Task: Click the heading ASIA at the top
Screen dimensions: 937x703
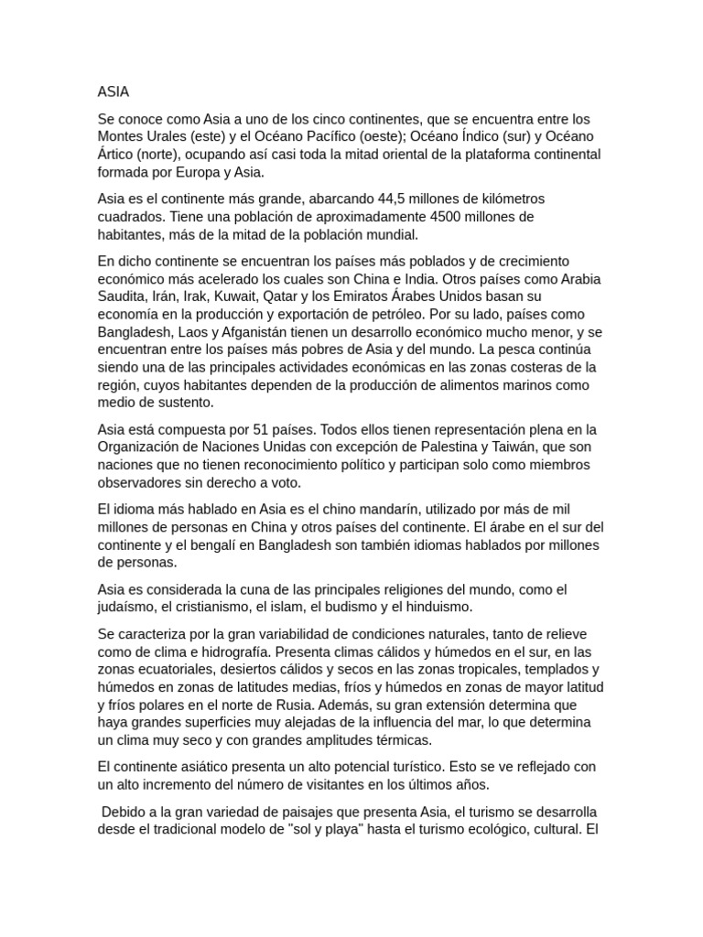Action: click(x=114, y=92)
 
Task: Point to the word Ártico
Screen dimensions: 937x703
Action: click(x=118, y=154)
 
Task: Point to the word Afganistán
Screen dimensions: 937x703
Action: click(x=266, y=332)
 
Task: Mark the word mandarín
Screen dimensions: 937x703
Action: click(x=388, y=510)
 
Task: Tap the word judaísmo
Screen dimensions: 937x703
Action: click(x=130, y=608)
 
